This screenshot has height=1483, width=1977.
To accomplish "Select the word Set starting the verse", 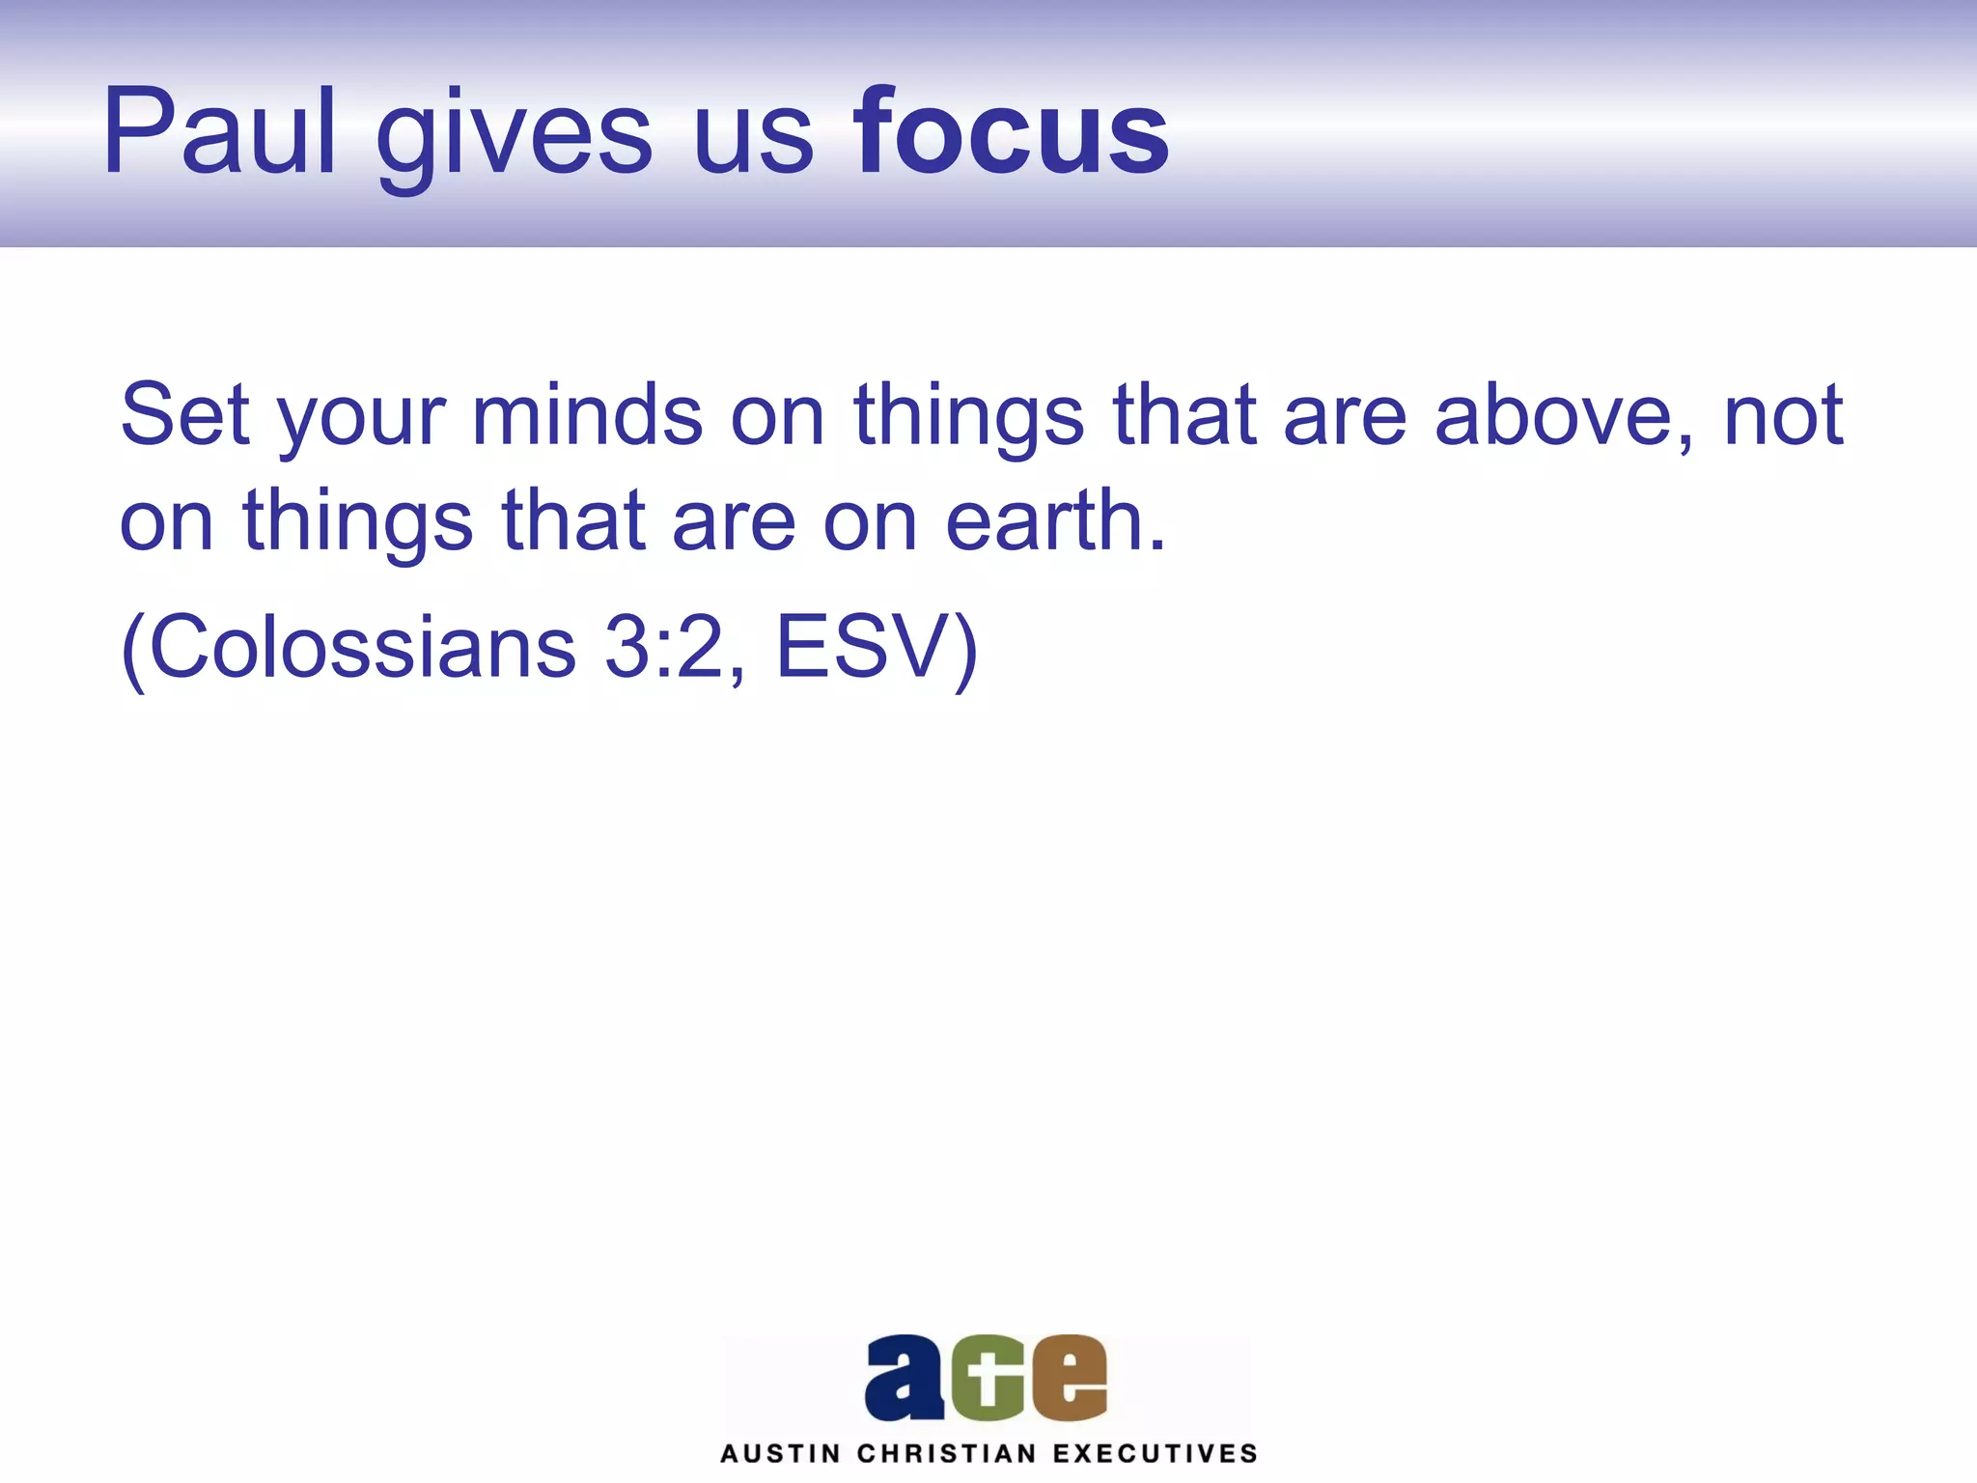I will pyautogui.click(x=185, y=415).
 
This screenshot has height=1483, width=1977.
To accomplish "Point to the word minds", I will pyautogui.click(x=587, y=415).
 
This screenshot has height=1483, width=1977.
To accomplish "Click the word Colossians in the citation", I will pyautogui.click(x=362, y=647).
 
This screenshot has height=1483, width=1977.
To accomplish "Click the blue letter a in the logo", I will pyautogui.click(x=904, y=1378).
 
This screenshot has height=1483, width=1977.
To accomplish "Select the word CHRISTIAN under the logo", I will pyautogui.click(x=946, y=1454).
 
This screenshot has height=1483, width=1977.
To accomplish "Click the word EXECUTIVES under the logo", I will pyautogui.click(x=1155, y=1454).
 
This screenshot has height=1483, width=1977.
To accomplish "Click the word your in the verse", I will pyautogui.click(x=361, y=421).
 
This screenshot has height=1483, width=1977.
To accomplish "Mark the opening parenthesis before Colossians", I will pyautogui.click(x=133, y=649).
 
